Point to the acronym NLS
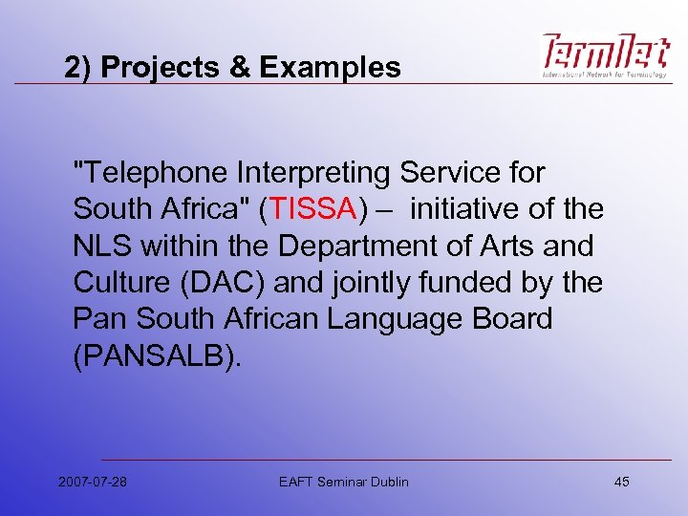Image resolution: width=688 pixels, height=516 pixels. (x=102, y=246)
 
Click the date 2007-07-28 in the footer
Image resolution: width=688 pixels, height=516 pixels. (x=92, y=482)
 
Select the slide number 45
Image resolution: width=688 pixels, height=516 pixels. (x=622, y=482)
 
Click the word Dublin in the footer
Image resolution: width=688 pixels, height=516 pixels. (x=387, y=482)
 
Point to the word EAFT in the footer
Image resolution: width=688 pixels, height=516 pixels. (x=294, y=482)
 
